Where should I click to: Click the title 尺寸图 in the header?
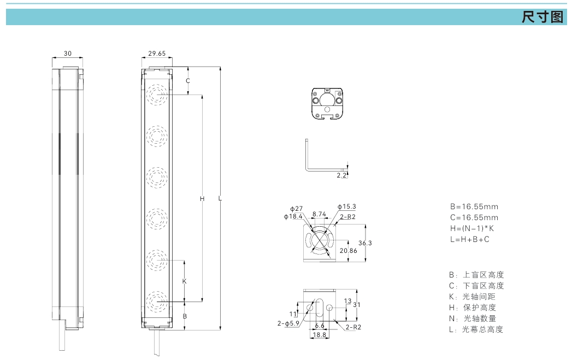click(542, 17)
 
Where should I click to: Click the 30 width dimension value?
click(68, 53)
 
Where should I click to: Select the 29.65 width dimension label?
click(157, 53)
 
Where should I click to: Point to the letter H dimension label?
click(202, 199)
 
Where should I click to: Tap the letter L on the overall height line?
click(220, 198)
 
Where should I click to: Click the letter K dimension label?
click(184, 281)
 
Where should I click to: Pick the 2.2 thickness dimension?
click(341, 175)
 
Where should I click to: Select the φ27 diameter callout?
click(297, 209)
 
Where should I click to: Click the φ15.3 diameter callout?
click(347, 206)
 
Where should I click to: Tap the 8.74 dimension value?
click(319, 214)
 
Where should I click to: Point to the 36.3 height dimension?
click(365, 243)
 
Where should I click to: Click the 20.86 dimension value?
click(349, 251)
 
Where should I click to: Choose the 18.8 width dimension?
click(320, 334)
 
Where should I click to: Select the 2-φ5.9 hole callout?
click(288, 323)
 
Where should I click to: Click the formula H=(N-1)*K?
click(472, 229)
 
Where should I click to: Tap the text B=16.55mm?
click(474, 207)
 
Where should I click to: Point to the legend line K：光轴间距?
click(472, 297)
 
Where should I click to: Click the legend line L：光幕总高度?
click(476, 329)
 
